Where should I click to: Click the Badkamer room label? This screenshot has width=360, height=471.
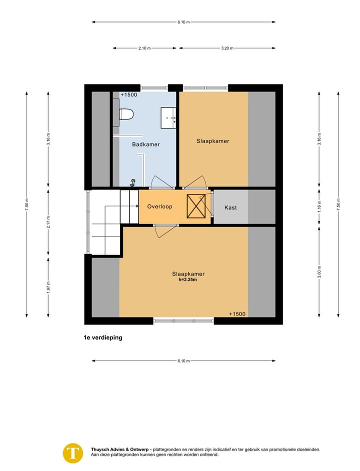pos(146,144)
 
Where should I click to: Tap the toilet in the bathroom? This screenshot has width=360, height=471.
pos(126,114)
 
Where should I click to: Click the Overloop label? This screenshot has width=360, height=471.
pos(159,206)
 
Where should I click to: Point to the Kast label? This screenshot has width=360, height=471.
pos(230,207)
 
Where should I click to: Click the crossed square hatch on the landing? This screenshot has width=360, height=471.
pos(196,206)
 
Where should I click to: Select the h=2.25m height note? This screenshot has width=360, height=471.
pos(188,279)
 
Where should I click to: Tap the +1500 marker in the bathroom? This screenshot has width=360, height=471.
pos(128,94)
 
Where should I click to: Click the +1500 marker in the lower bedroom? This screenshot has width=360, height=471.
pos(237,314)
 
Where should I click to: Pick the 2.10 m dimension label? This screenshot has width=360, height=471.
pos(144,48)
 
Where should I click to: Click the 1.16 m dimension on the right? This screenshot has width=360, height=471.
pos(319,206)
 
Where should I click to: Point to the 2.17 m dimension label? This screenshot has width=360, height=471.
pos(48,221)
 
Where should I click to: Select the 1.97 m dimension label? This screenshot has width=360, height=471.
pos(48,287)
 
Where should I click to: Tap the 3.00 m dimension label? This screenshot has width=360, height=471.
pos(319,272)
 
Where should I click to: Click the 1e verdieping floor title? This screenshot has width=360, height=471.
pos(103,337)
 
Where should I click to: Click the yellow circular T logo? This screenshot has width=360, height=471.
pos(73,453)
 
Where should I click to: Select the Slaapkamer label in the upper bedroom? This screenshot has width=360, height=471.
pos(212,141)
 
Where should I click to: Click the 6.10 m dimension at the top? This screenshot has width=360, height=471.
pos(183,22)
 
